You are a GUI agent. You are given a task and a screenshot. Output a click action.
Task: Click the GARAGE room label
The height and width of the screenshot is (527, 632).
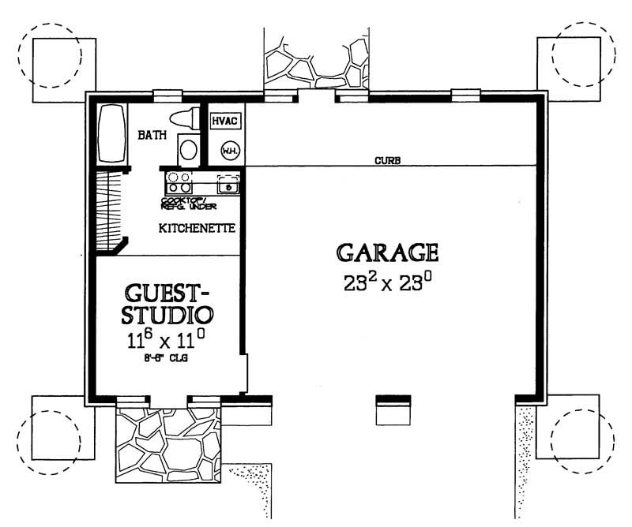pyautogui.click(x=387, y=252)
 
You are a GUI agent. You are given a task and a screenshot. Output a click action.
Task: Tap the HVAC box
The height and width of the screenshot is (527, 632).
pyautogui.click(x=225, y=121)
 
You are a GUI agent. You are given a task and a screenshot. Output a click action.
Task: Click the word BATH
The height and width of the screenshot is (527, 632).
pyautogui.click(x=152, y=136)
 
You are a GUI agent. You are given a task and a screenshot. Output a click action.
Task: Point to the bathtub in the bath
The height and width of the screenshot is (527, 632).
pyautogui.click(x=111, y=133)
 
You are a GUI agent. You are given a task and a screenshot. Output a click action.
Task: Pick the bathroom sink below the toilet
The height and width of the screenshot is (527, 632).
pyautogui.click(x=188, y=148)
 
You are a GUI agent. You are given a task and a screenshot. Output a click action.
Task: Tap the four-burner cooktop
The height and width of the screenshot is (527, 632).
pyautogui.click(x=179, y=183)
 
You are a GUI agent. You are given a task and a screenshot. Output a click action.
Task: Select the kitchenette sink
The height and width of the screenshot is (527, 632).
pyautogui.click(x=228, y=185)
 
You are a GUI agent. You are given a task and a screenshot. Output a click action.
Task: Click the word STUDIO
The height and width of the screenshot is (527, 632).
pyautogui.click(x=167, y=317)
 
